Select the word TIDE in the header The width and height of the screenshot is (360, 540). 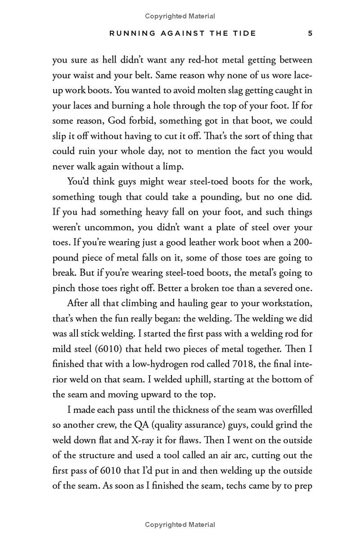(x=244, y=33)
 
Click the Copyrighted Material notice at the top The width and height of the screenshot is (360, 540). (x=180, y=16)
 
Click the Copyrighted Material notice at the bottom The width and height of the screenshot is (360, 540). (x=180, y=525)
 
